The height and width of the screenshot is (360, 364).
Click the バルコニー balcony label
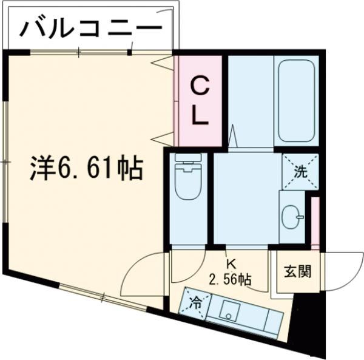[x=92, y=27]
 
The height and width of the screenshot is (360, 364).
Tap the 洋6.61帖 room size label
[x=87, y=169]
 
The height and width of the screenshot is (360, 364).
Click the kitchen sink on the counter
[x=229, y=311]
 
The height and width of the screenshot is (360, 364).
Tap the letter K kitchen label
[x=231, y=264]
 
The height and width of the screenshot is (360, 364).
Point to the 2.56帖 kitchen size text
[x=231, y=279]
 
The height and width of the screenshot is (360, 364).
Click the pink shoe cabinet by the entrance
[x=314, y=222]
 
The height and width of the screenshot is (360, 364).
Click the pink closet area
[x=200, y=100]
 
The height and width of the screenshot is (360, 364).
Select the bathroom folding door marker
[x=233, y=135]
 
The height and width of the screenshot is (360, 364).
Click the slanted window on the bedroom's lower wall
[x=103, y=297]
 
